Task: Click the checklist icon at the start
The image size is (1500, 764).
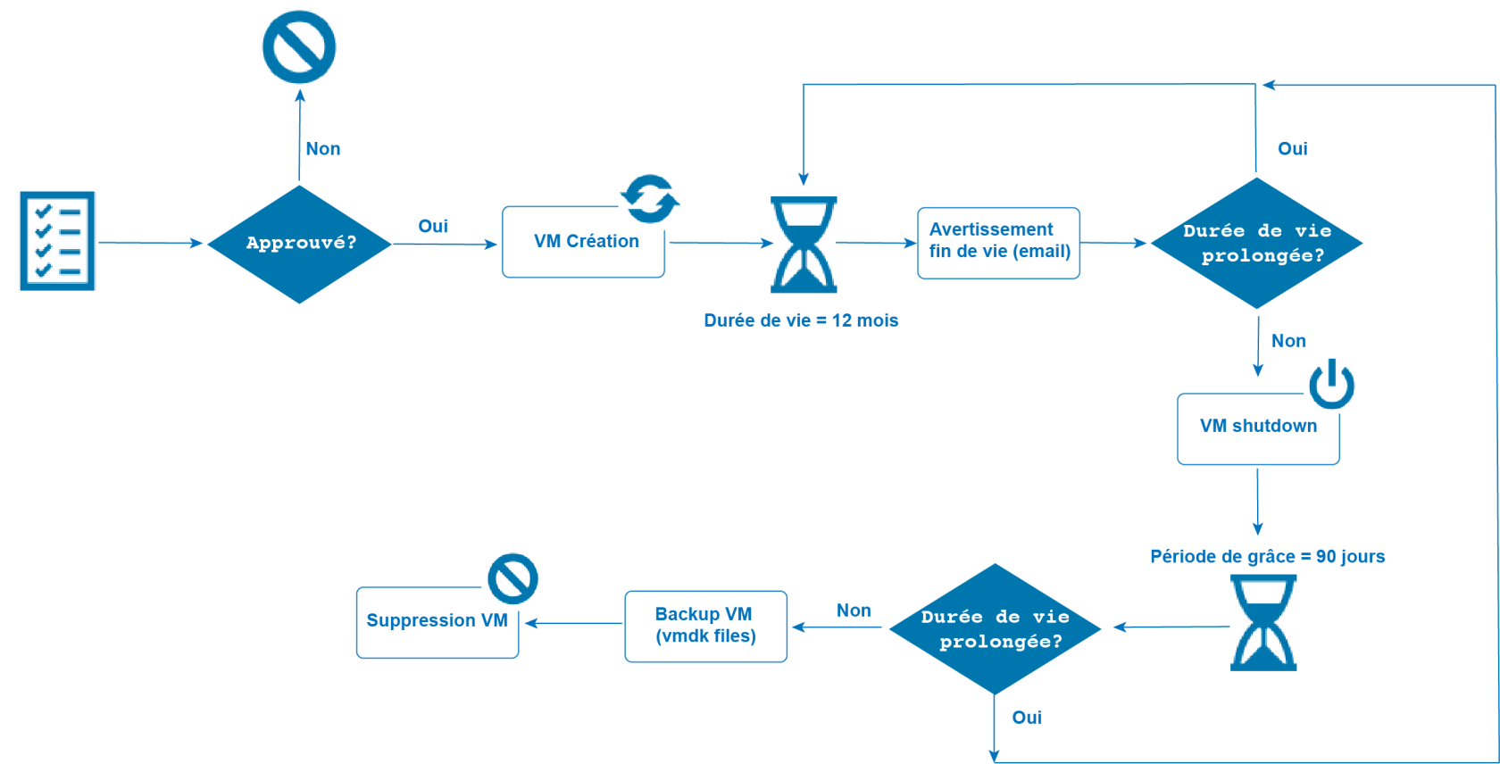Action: click(57, 241)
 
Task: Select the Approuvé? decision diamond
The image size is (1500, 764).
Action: click(300, 243)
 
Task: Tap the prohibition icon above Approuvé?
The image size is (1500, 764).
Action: click(299, 47)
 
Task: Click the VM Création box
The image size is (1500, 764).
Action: click(584, 243)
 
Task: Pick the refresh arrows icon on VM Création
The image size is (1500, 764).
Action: click(650, 198)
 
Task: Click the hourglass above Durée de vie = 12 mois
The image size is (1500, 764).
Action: click(804, 245)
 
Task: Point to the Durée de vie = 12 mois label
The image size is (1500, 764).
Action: click(801, 320)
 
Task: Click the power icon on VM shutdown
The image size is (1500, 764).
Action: click(1331, 384)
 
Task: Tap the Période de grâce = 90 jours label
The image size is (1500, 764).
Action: click(1267, 557)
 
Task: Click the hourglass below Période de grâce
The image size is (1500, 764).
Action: click(1263, 622)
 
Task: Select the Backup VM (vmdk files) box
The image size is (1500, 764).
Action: click(705, 626)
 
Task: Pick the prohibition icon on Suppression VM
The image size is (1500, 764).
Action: click(513, 578)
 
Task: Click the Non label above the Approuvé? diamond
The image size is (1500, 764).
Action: click(322, 149)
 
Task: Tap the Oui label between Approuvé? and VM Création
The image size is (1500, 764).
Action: click(433, 227)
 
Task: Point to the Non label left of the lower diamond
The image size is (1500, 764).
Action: click(854, 610)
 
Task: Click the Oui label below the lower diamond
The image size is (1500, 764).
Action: click(1027, 718)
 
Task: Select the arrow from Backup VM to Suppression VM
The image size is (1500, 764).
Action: click(573, 623)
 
